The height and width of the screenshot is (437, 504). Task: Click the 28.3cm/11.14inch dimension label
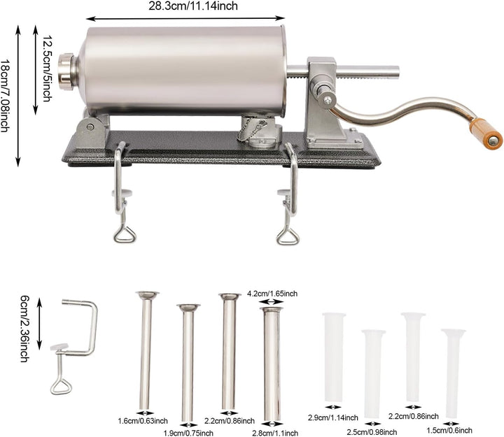pos(193,6)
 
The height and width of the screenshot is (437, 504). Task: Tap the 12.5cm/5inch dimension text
pos(47,69)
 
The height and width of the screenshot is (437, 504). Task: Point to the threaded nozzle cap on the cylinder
pos(66,71)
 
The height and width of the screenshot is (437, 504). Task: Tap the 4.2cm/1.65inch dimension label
pos(272,294)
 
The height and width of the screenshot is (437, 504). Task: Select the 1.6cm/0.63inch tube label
pos(143,421)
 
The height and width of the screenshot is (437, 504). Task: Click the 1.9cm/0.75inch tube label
pos(188,433)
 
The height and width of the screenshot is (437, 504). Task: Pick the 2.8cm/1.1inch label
pos(275,433)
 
